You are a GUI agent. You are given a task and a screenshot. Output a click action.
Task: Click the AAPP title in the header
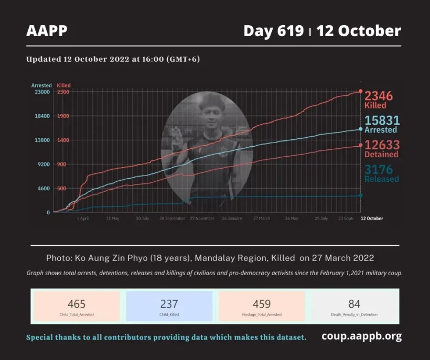click(x=47, y=31)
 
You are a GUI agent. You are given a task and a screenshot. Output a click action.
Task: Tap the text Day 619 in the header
click(x=273, y=31)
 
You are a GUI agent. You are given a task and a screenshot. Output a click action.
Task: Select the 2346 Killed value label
click(x=379, y=99)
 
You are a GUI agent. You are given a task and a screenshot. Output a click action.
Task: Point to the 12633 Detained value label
click(x=382, y=148)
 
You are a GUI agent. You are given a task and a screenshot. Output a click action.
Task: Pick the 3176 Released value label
click(x=382, y=173)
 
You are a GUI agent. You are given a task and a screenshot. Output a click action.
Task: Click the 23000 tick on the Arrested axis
click(x=41, y=92)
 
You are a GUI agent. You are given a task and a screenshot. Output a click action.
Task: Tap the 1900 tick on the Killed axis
click(x=63, y=116)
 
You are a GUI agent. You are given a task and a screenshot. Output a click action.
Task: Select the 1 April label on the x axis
click(x=82, y=219)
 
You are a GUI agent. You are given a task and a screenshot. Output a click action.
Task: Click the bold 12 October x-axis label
click(x=372, y=219)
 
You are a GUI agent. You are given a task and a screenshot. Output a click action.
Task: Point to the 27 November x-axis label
click(x=202, y=219)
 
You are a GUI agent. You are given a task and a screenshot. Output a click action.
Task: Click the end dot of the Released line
click(x=360, y=195)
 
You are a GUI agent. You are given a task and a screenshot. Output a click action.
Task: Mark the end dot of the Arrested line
click(x=360, y=129)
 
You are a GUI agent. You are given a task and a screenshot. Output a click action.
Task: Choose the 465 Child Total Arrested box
click(x=77, y=307)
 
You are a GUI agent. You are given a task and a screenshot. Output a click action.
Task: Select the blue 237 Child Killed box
click(x=169, y=307)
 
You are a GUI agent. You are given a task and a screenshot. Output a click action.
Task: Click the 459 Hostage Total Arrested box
click(x=262, y=307)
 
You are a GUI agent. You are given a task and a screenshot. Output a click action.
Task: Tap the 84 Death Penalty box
click(x=354, y=307)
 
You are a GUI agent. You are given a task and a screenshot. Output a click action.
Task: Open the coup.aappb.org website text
click(x=361, y=336)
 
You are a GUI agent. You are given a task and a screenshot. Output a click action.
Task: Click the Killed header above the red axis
click(x=63, y=85)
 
